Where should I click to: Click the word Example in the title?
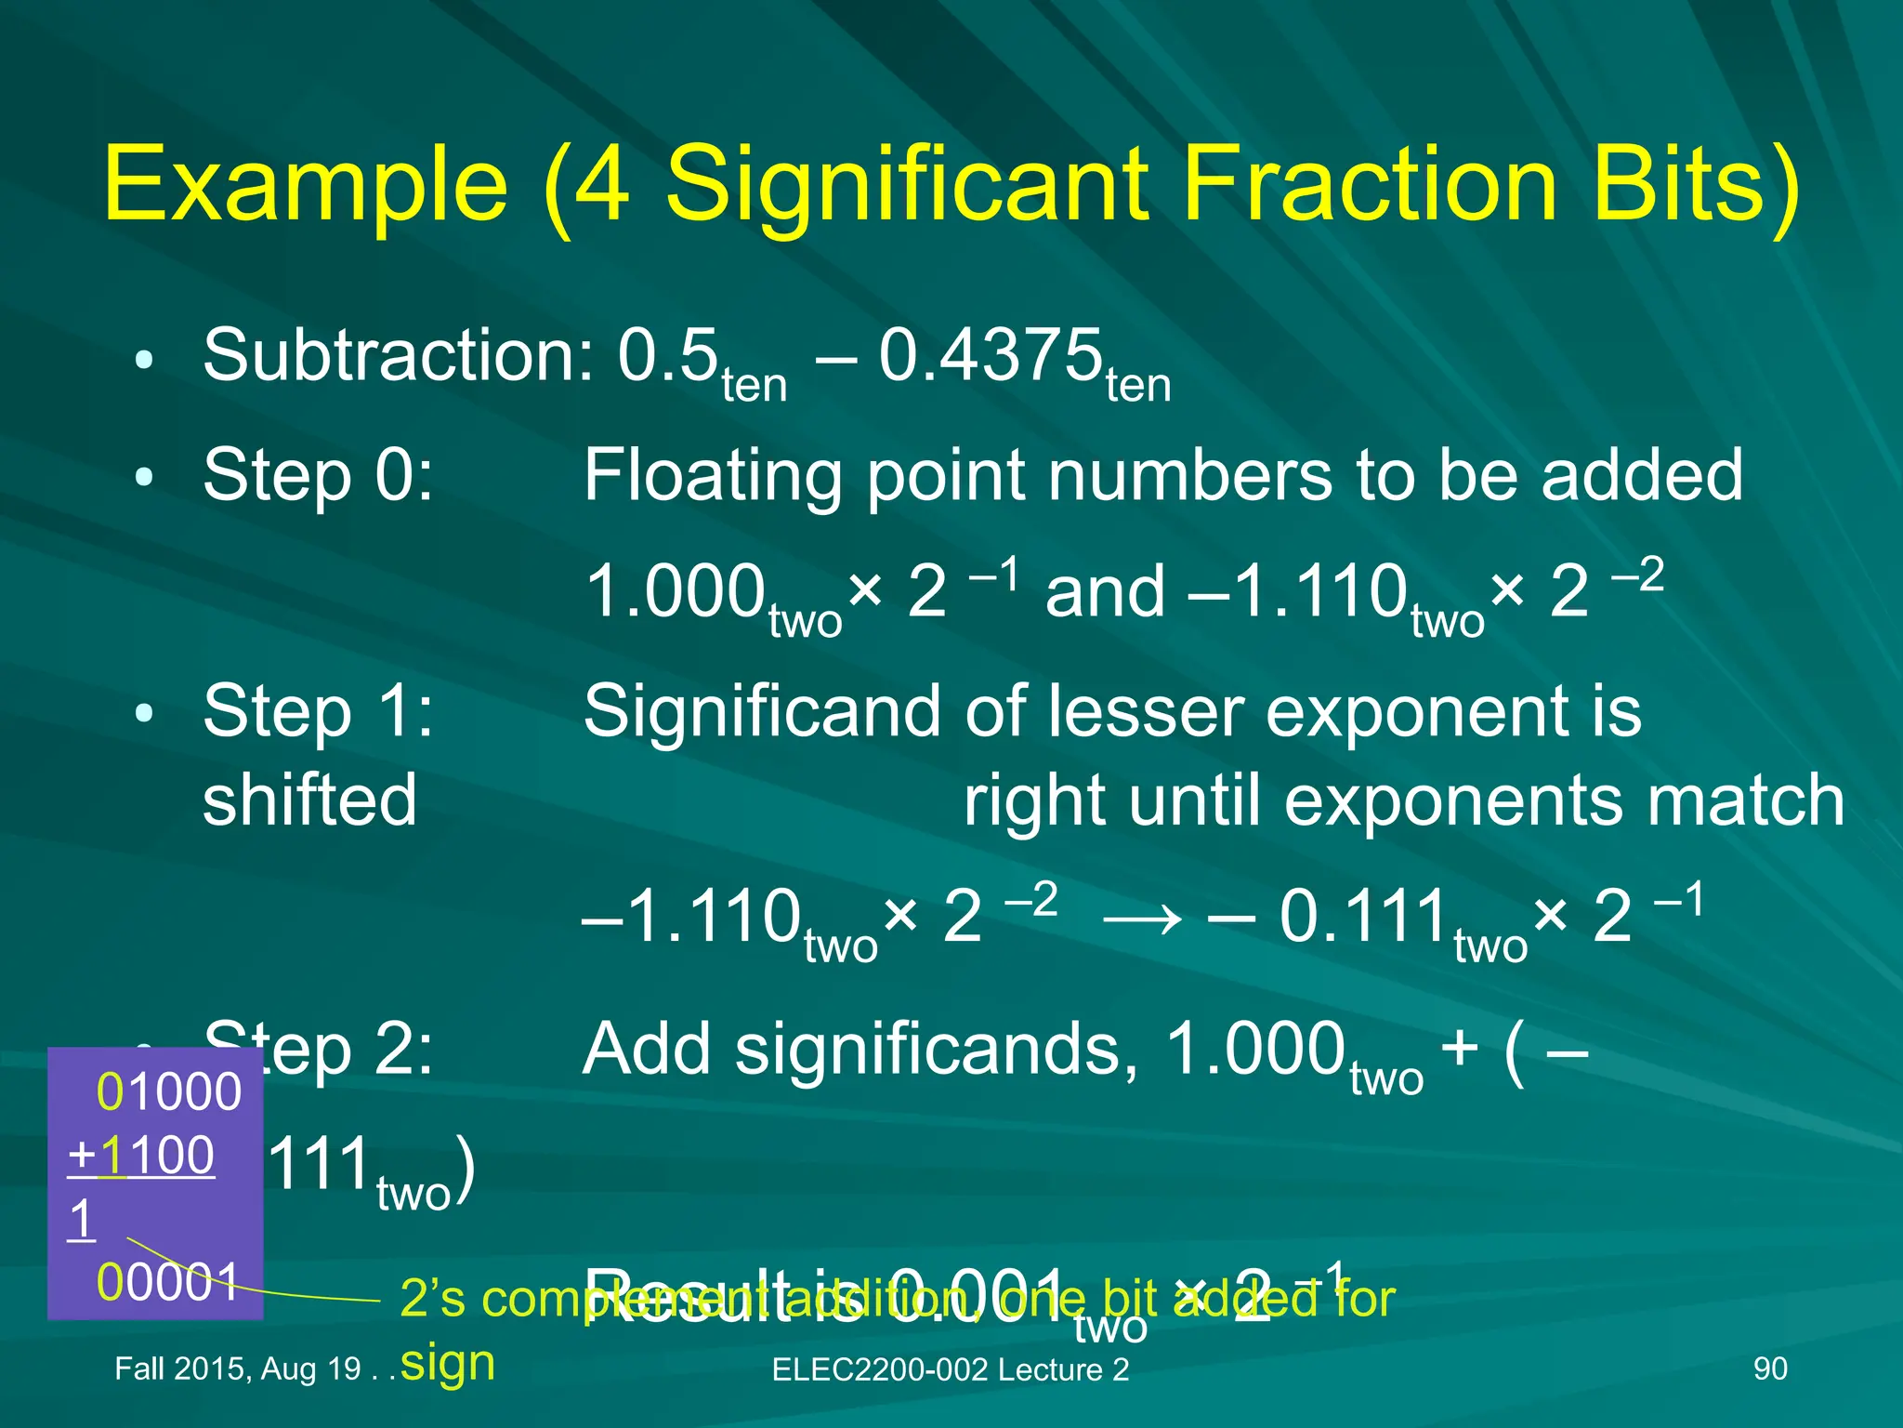pyautogui.click(x=307, y=186)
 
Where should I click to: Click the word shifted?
pyautogui.click(x=309, y=801)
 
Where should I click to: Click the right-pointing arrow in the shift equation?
pyautogui.click(x=1142, y=919)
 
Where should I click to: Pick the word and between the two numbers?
pyautogui.click(x=1105, y=593)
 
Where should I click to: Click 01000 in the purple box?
pyautogui.click(x=168, y=1091)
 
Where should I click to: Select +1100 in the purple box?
pyautogui.click(x=141, y=1157)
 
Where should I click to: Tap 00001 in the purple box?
pyautogui.click(x=168, y=1282)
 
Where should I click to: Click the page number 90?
pyautogui.click(x=1770, y=1368)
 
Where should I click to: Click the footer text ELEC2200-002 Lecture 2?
pyautogui.click(x=951, y=1369)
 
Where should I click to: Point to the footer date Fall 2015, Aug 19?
pyautogui.click(x=237, y=1368)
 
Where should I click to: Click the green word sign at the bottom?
pyautogui.click(x=448, y=1364)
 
